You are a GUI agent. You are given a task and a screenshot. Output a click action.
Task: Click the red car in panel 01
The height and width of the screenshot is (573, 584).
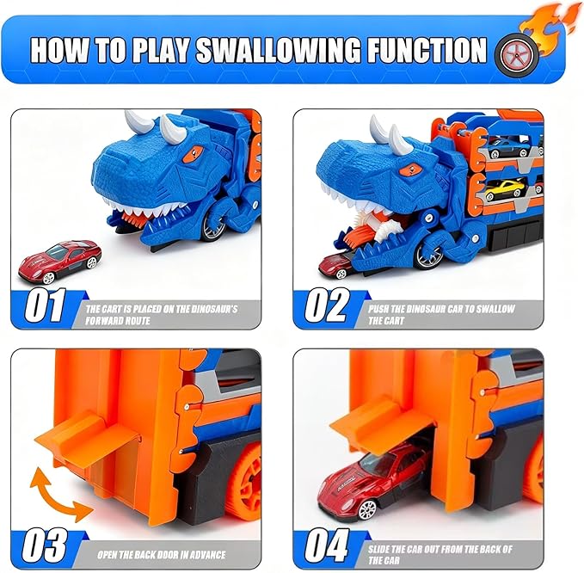(x=59, y=260)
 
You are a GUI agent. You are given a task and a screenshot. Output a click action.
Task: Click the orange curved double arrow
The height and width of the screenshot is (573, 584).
(x=59, y=491)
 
